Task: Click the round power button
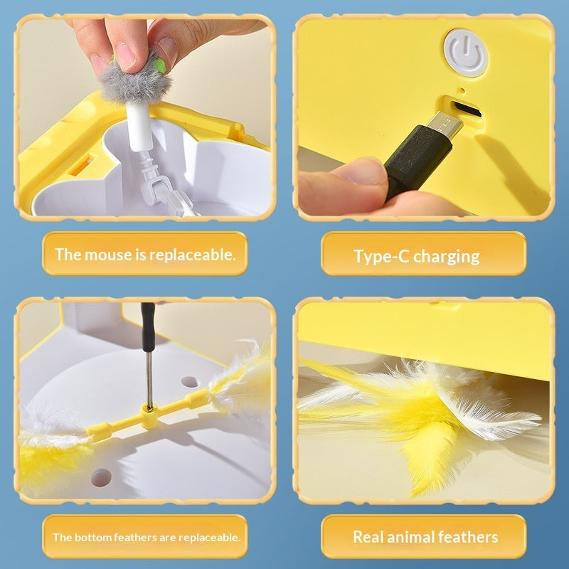(466, 51)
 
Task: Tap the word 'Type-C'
(381, 256)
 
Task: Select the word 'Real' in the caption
(370, 537)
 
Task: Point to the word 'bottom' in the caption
(94, 537)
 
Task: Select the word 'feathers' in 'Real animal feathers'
(472, 537)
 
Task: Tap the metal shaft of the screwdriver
(149, 373)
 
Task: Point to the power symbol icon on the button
(466, 51)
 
